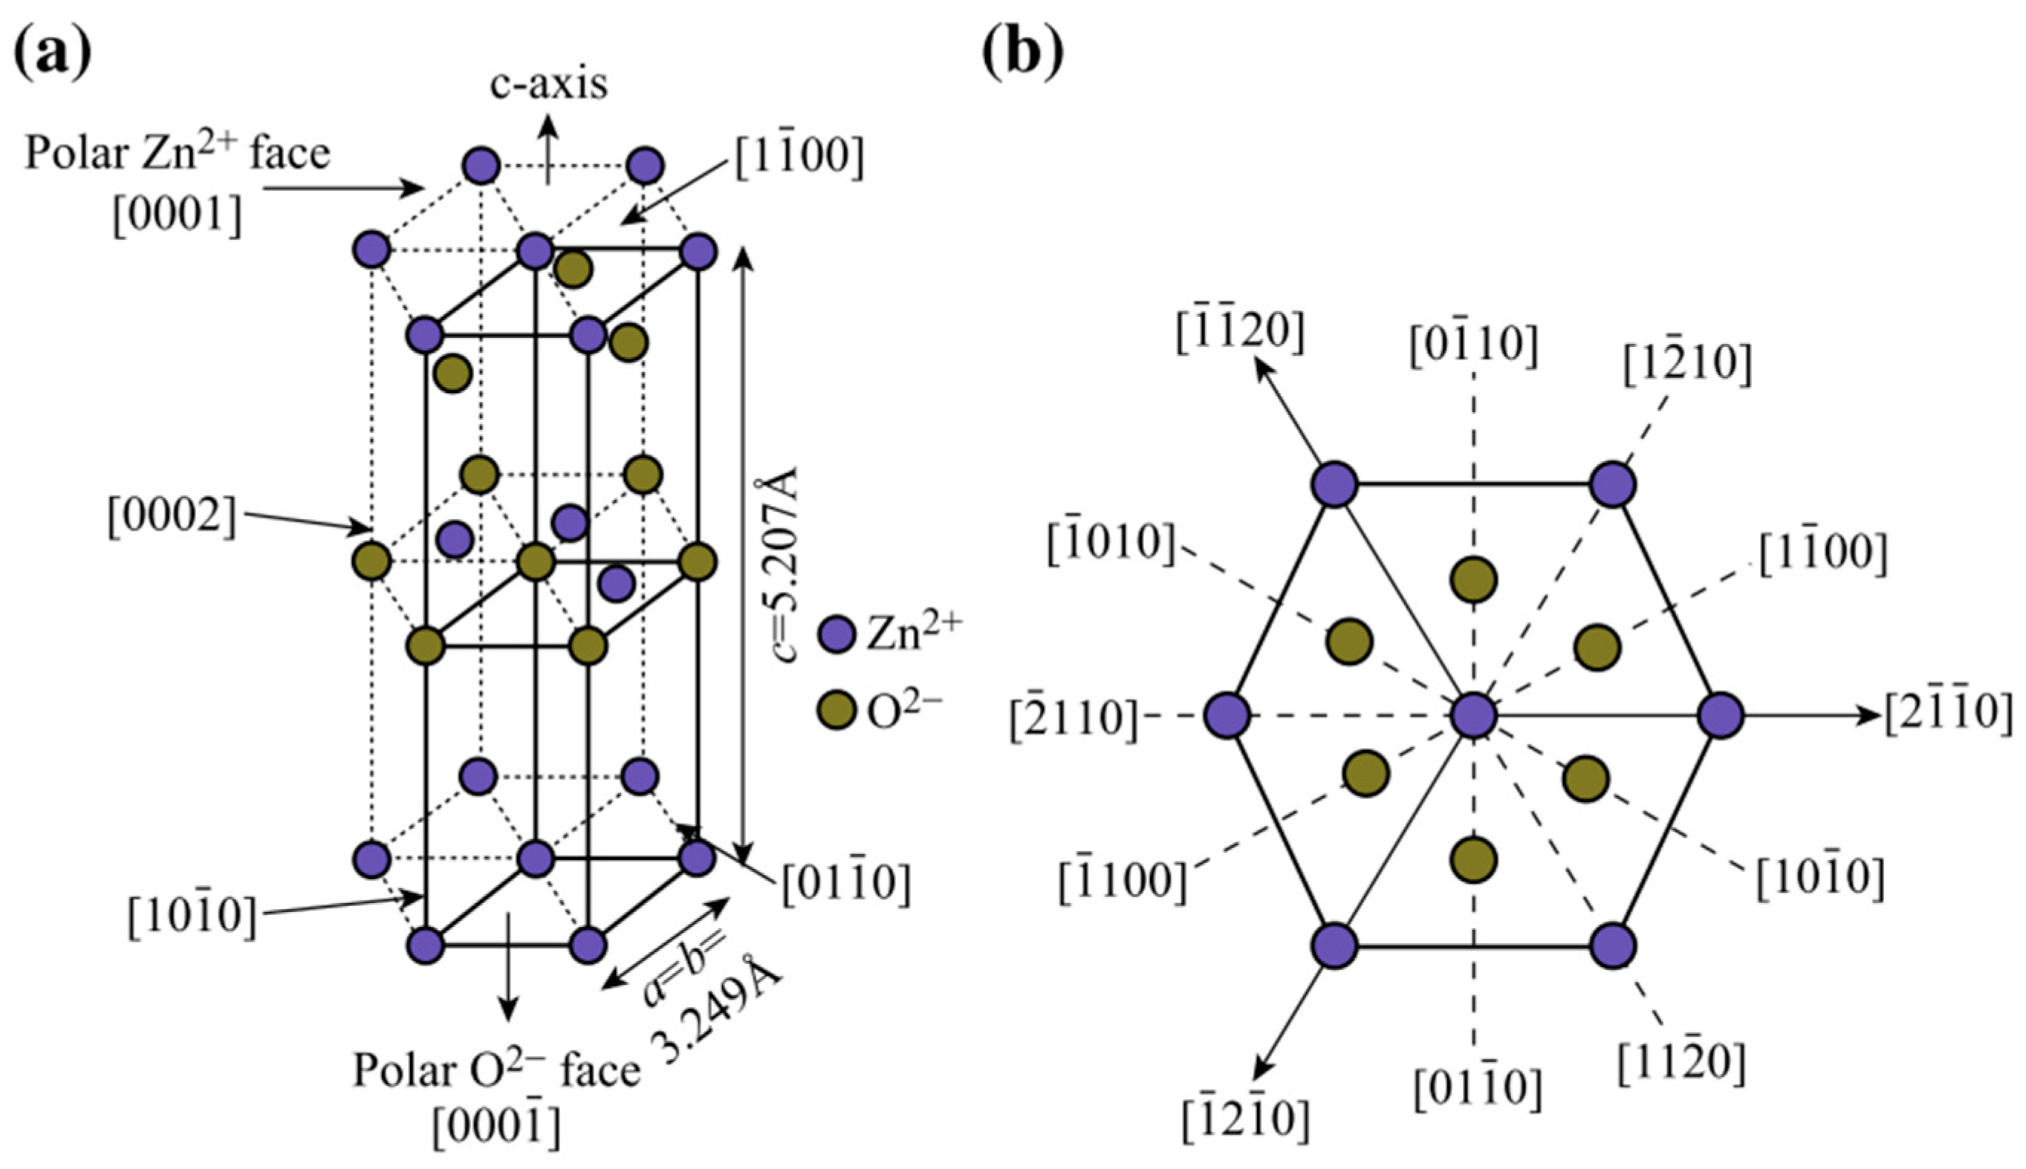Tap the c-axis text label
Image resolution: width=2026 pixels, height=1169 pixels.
549,85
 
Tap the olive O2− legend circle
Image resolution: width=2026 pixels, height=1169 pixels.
836,710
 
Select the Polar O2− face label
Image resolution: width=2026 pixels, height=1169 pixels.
497,1070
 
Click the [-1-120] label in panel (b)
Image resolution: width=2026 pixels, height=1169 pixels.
1240,331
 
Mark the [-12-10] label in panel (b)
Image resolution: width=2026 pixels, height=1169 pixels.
1245,1120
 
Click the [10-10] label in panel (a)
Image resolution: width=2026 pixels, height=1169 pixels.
192,915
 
